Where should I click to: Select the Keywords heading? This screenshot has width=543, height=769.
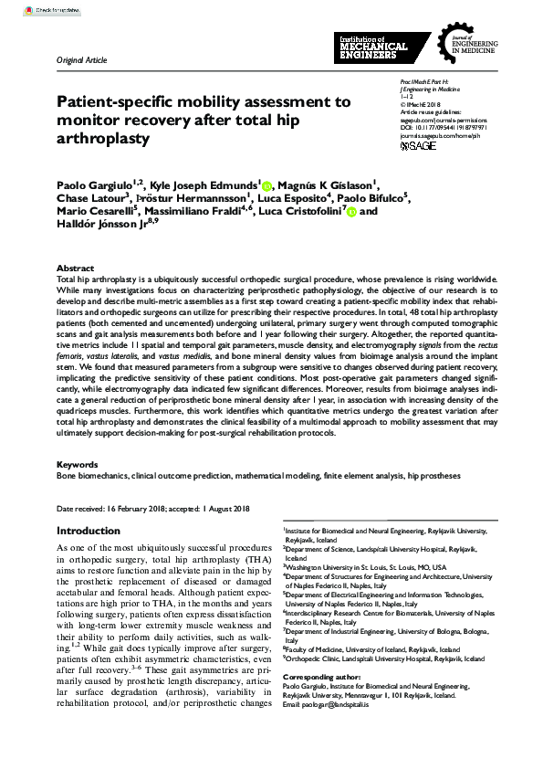77,464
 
